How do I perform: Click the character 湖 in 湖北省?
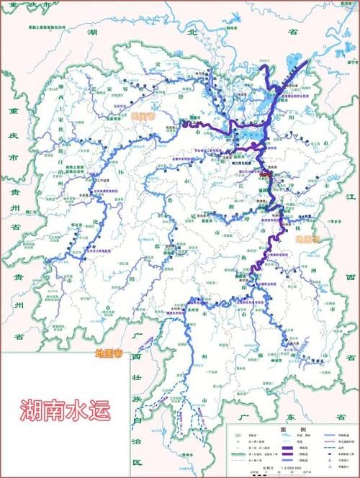[x=93, y=32]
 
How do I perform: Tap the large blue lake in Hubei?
[x=296, y=63]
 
